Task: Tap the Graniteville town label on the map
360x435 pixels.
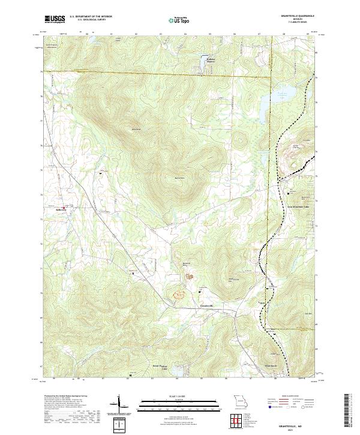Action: pos(206,305)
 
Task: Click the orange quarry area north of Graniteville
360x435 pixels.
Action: pos(179,294)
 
